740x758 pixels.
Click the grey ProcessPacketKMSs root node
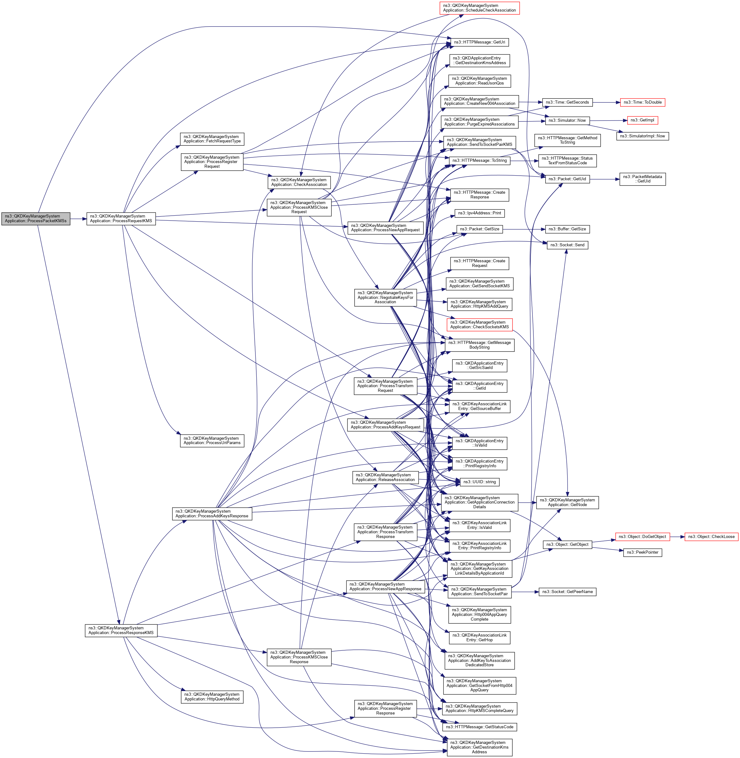click(x=36, y=219)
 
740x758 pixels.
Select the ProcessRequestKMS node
click(x=121, y=219)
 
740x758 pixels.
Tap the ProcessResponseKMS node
click(x=121, y=630)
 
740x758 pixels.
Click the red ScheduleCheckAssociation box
click(x=479, y=8)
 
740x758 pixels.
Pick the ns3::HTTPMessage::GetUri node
click(x=479, y=42)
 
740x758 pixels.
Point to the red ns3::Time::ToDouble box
click(x=642, y=102)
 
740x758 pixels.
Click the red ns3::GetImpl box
click(x=642, y=120)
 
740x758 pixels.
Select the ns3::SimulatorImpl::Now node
click(x=642, y=136)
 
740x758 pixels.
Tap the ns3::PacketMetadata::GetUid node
click(x=642, y=179)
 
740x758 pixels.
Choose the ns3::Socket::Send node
click(x=568, y=245)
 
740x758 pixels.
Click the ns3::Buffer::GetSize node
click(x=568, y=229)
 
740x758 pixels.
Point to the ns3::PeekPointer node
click(x=642, y=552)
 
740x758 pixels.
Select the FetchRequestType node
click(x=212, y=139)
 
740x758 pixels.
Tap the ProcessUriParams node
click(x=212, y=441)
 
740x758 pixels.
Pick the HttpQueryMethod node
click(x=212, y=697)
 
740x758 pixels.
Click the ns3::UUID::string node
click(x=479, y=482)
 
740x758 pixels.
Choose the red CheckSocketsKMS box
click(x=479, y=325)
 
